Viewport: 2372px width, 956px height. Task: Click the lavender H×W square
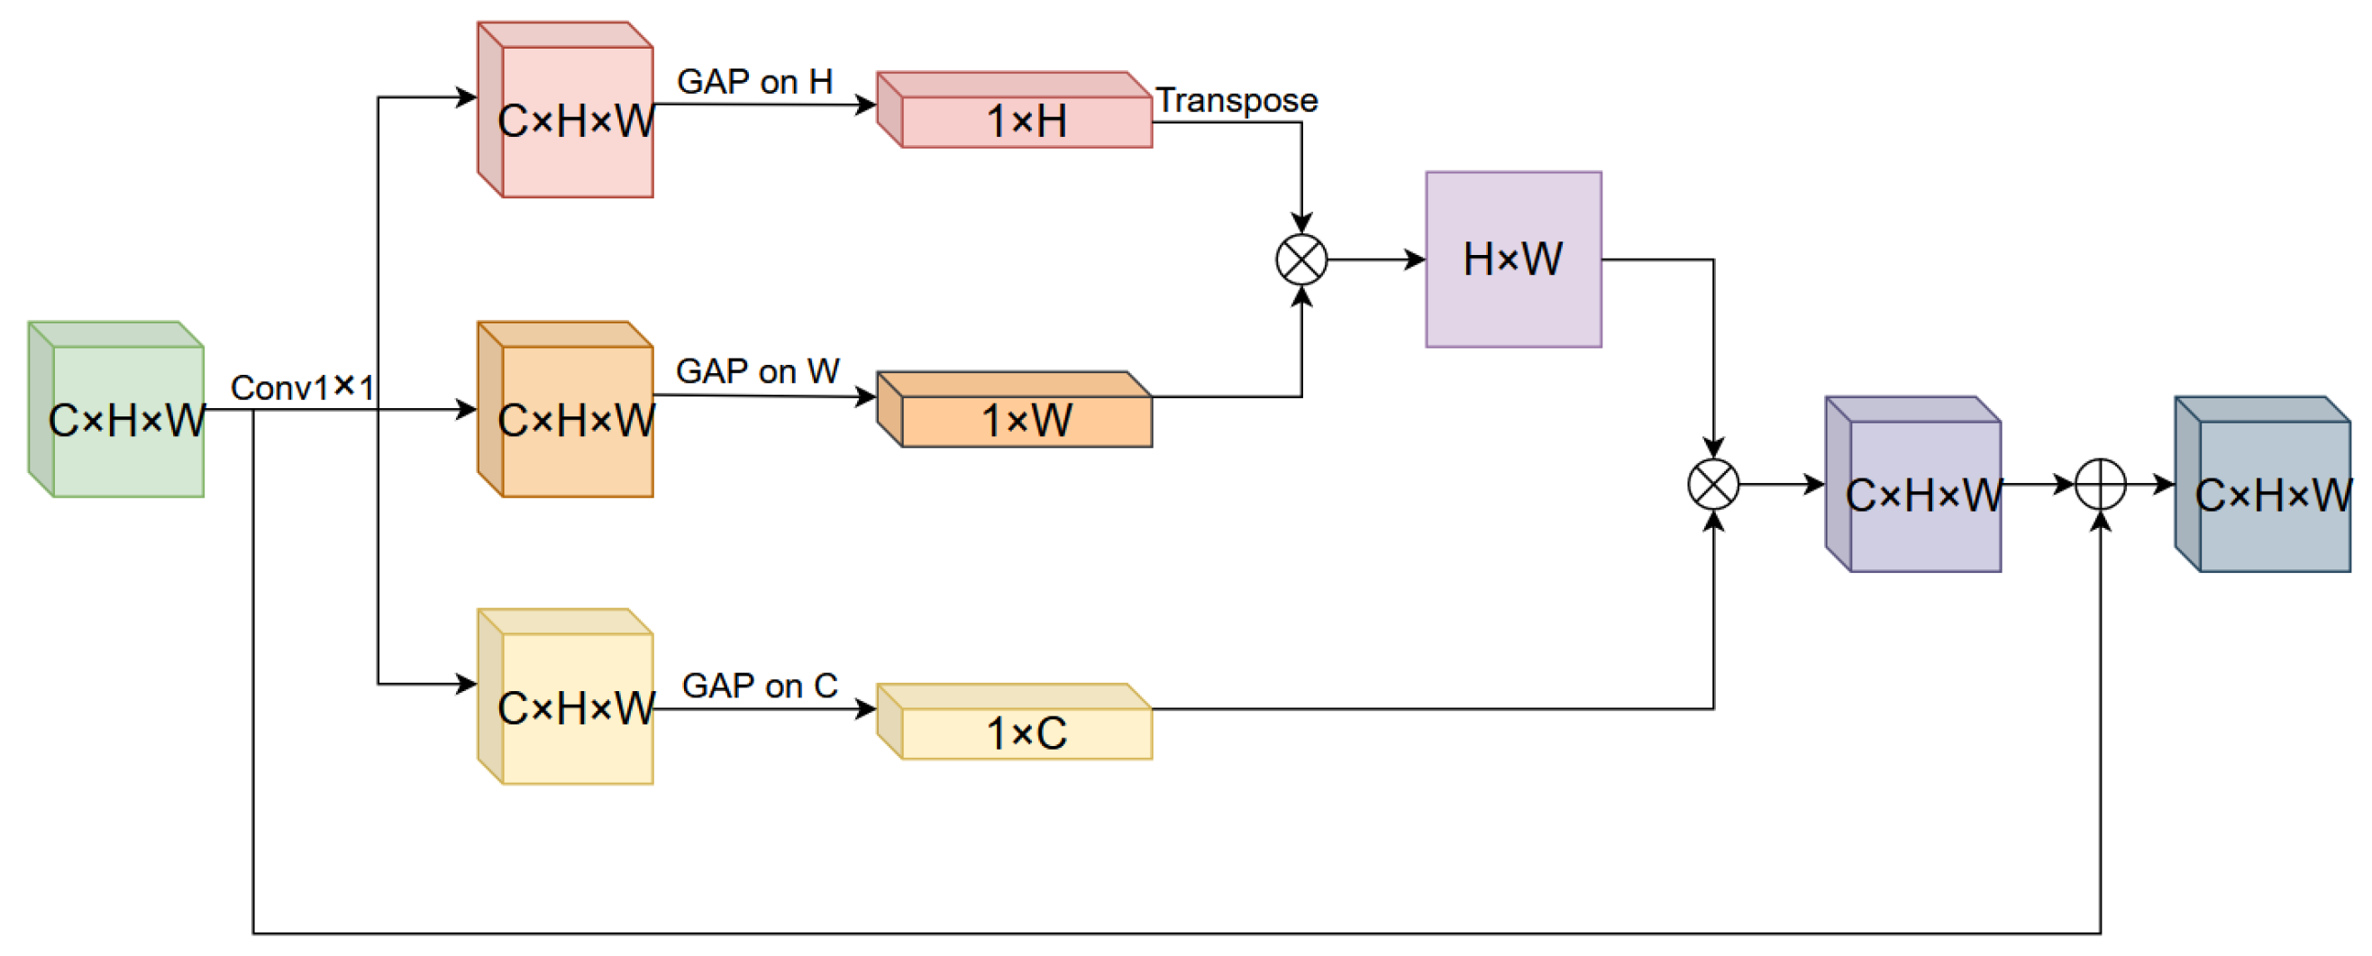1513,259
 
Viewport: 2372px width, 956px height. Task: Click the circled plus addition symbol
2101,485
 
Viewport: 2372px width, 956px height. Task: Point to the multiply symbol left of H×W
1301,259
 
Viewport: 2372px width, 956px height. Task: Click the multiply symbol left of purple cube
1712,485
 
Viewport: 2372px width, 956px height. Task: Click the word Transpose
1236,100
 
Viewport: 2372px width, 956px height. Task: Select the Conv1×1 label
302,387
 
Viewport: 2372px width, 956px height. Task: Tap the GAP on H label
754,82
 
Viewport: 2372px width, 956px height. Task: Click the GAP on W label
757,372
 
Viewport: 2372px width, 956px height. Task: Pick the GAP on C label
760,687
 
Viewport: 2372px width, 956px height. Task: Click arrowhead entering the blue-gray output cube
2165,485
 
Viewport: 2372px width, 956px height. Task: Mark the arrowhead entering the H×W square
1415,259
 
